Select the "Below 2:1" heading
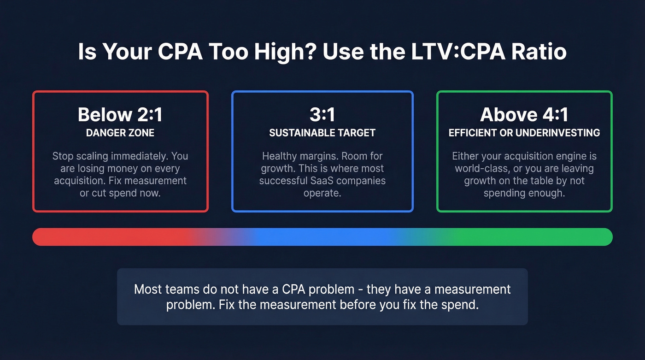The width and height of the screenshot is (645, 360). tap(120, 115)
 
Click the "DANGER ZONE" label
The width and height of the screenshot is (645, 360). tap(120, 133)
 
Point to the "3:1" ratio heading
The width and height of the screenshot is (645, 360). tap(322, 115)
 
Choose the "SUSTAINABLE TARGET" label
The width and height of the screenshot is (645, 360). tap(322, 133)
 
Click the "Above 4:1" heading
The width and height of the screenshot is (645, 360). tap(524, 115)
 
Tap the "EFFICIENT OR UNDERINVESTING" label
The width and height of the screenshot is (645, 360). tap(524, 133)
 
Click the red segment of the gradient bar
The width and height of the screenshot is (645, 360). tap(106, 237)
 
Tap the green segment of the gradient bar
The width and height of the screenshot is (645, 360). tap(530, 237)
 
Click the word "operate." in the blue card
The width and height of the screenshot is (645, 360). tap(322, 193)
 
